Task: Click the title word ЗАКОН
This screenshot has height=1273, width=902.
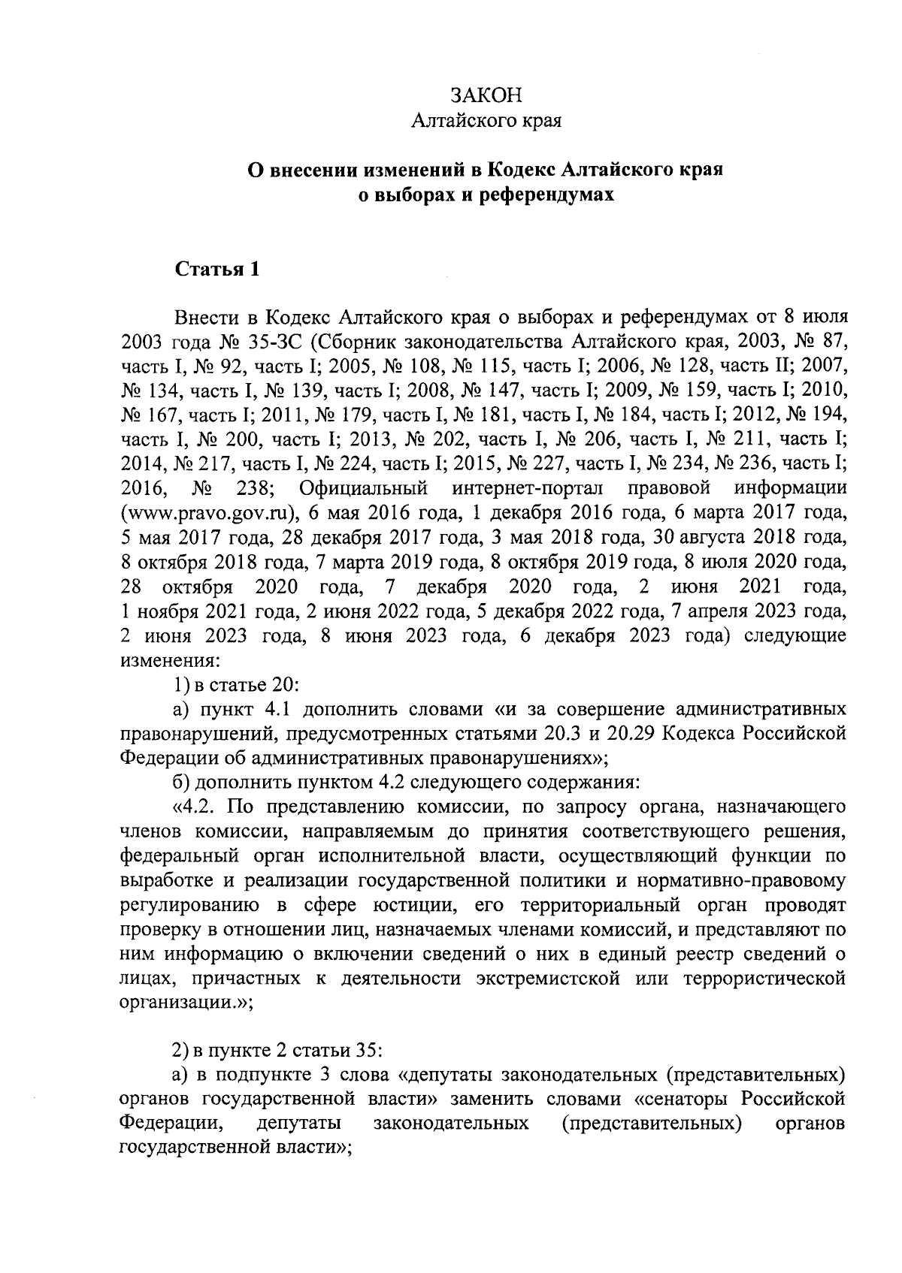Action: pos(485,95)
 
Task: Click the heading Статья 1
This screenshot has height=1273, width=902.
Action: pos(217,270)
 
